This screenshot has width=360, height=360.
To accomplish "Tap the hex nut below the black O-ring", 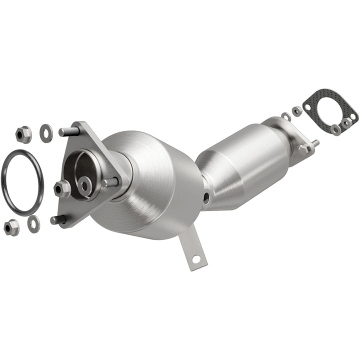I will pos(11,227).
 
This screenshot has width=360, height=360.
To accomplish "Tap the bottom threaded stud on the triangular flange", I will pos(58,219).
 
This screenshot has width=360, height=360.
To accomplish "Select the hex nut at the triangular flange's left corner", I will pos(62,188).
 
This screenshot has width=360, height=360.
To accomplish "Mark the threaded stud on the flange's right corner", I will pos(111,182).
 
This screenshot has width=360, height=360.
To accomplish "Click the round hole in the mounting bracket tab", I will pos(195,258).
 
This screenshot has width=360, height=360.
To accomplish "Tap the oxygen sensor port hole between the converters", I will pos(206,197).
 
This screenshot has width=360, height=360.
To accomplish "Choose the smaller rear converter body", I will pos(240,160).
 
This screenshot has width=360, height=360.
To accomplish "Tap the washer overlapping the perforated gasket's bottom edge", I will pos(336,129).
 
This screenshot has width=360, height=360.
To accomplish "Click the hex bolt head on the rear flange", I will pos(303,148).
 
